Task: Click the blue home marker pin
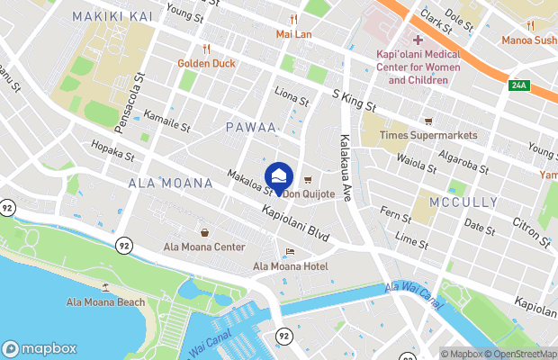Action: click(279, 176)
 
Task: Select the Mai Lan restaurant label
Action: click(293, 35)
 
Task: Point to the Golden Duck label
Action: click(206, 64)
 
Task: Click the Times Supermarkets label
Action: click(427, 136)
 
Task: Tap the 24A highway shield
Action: click(517, 85)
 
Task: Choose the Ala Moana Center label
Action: click(204, 247)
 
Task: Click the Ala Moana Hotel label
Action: click(290, 265)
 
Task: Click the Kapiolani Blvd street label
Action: click(295, 223)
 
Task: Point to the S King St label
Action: click(354, 100)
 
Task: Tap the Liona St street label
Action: click(292, 96)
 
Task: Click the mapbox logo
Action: click(40, 348)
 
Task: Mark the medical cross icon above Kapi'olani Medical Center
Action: click(418, 40)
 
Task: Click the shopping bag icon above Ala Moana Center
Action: click(204, 232)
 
